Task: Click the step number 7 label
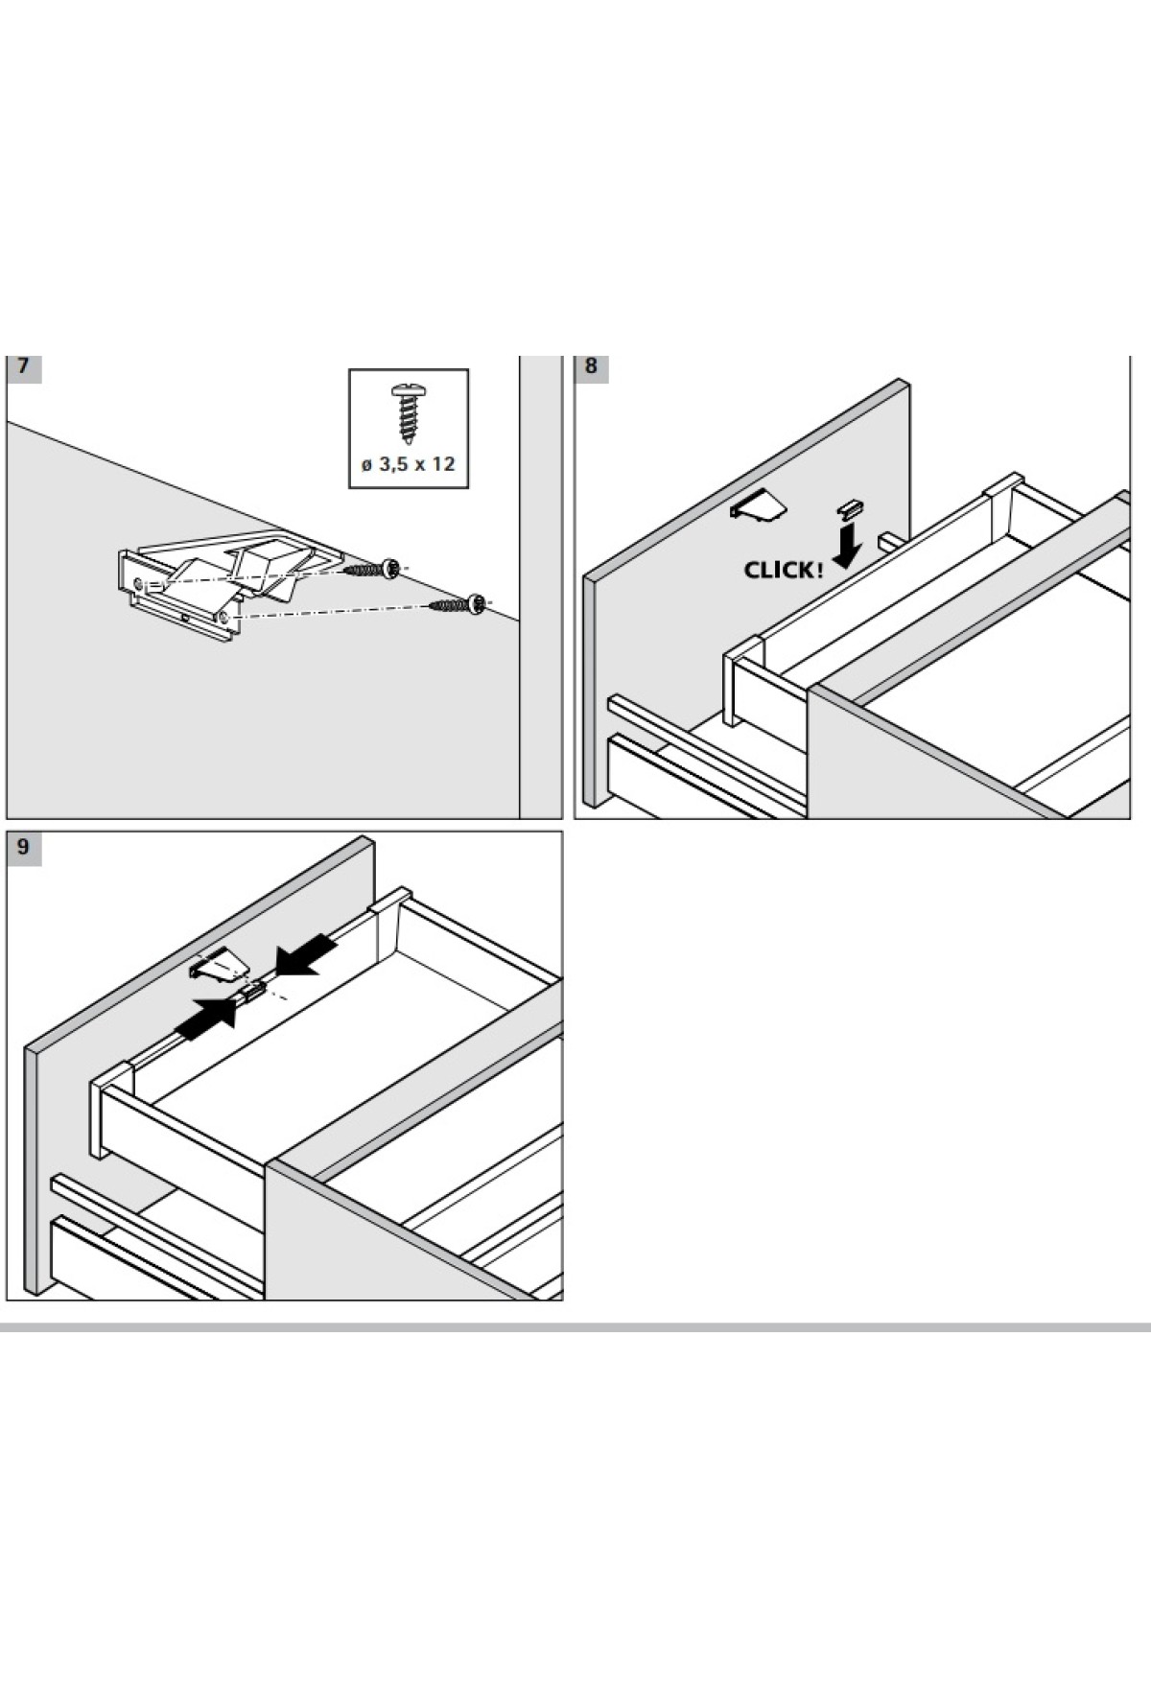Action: [23, 367]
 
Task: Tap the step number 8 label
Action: [591, 367]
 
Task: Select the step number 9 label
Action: [23, 848]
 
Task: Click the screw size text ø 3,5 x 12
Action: [408, 464]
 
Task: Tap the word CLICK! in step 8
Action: [783, 571]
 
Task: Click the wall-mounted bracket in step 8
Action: [759, 505]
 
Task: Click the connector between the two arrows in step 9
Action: [252, 993]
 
